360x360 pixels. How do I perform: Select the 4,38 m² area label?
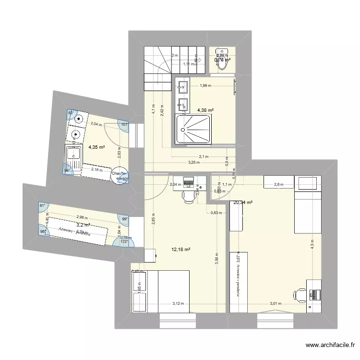[205, 110]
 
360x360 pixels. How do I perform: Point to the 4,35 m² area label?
[96, 147]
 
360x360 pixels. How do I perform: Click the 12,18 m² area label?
[181, 249]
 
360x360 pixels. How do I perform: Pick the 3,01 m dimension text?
[276, 303]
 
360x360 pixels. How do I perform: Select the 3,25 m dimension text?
[194, 162]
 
